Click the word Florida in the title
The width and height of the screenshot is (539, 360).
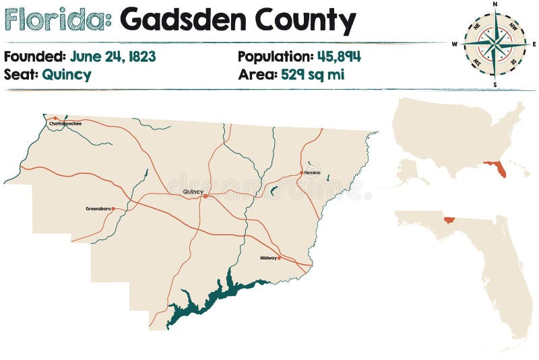[x=57, y=22]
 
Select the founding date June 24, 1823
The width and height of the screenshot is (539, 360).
[x=113, y=57]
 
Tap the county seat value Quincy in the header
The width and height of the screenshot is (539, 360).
[x=66, y=74]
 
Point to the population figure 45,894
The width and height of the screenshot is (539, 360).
[x=339, y=57]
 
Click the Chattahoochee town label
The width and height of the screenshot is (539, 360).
[x=65, y=124]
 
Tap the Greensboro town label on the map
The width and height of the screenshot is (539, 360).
[x=98, y=208]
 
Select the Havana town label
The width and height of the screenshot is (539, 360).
[x=312, y=173]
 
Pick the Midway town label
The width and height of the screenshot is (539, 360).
[x=268, y=258]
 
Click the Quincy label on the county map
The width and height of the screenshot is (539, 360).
[x=193, y=192]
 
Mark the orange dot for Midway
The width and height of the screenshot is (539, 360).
[x=279, y=258]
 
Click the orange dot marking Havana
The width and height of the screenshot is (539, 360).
[x=301, y=173]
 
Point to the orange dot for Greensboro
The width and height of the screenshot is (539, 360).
[x=113, y=208]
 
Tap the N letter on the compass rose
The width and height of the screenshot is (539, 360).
[x=495, y=4]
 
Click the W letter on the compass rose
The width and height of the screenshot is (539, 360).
[x=455, y=44]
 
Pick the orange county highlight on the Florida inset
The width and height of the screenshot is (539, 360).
[x=447, y=218]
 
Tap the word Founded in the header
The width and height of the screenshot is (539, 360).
[x=34, y=57]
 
